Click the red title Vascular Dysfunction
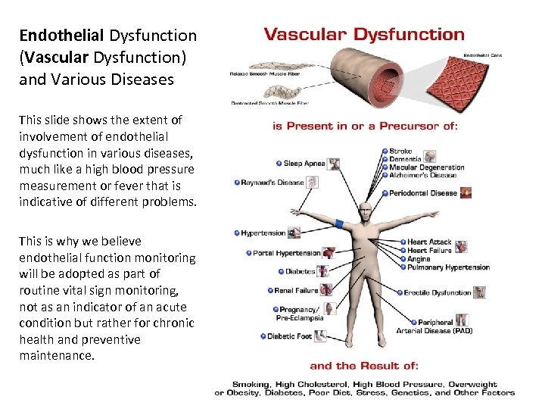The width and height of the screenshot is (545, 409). pos(363,34)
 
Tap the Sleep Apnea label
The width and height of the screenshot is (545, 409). pos(304,164)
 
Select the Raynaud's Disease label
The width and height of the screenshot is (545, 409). pos(272,183)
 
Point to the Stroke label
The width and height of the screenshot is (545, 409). pos(400,151)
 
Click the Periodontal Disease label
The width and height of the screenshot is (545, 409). pos(423,193)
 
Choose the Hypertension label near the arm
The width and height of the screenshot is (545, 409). pos(263,233)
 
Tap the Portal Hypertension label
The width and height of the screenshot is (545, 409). pos(287,253)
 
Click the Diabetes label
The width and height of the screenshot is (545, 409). pos(300,271)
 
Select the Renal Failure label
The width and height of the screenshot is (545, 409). pos(296,290)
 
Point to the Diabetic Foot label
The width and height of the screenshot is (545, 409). pos(289,336)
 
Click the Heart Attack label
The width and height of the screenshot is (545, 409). pos(429,242)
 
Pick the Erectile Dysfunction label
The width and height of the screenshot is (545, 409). pos(438,292)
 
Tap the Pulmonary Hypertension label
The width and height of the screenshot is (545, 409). pos(448,267)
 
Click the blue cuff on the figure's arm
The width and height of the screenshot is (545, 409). pos(338,224)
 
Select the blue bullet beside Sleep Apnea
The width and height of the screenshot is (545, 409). pos(279,164)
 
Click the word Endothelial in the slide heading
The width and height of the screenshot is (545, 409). pos(63,36)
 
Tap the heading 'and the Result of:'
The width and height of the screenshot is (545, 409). pos(364,366)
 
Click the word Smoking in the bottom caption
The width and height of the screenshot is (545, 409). pos(251,384)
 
